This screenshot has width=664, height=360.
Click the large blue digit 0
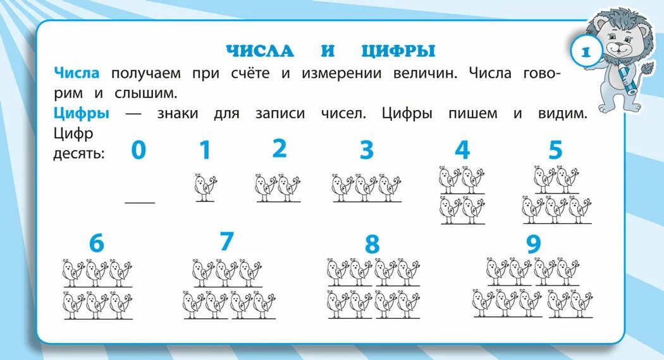pos(138,150)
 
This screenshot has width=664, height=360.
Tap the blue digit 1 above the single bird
pos(205,151)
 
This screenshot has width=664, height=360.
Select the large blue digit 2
pos(280,148)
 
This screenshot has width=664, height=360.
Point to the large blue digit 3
pos(367,150)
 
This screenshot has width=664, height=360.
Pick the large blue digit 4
pos(462,150)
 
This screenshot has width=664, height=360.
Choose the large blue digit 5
pos(555,150)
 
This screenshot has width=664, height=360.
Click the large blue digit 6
pos(96,243)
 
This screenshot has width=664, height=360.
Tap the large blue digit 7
pos(226,241)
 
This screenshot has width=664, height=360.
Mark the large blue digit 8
pos(372,244)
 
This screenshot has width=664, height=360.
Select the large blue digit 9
pos(534,244)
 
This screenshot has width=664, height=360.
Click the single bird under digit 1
pos(205,187)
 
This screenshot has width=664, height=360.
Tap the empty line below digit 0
pos(140,202)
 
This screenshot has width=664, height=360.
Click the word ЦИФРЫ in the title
pos(398,51)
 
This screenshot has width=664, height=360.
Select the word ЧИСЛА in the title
pos(260,51)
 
